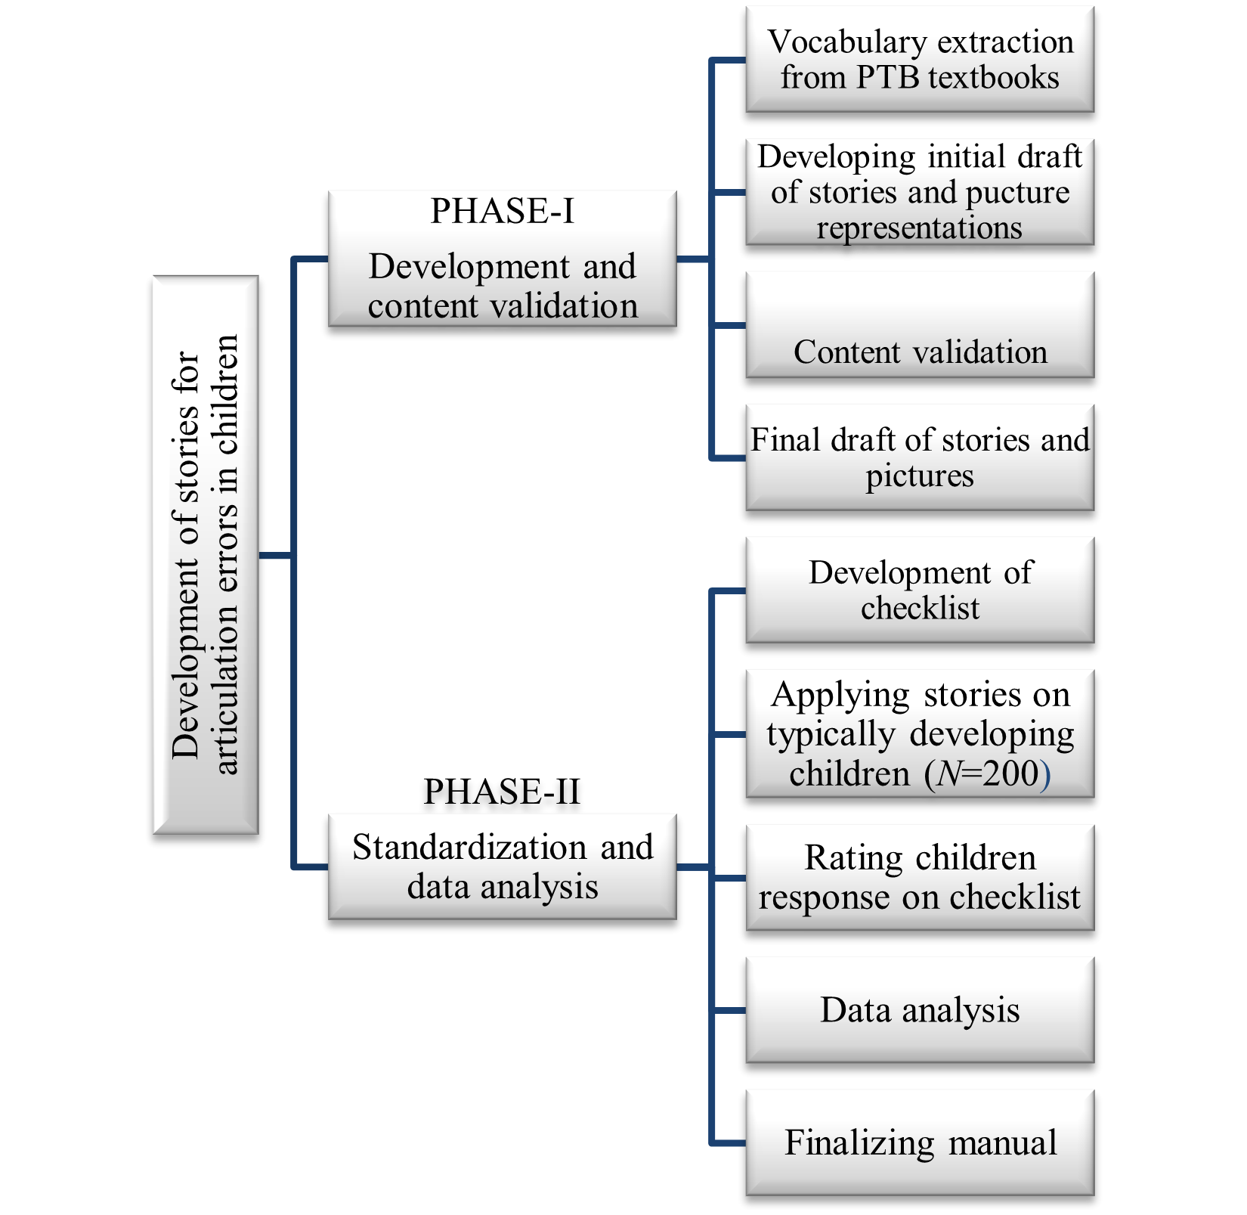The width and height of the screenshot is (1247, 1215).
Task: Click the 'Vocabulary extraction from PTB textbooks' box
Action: pos(919,59)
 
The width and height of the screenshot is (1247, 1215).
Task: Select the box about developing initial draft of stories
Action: pos(919,192)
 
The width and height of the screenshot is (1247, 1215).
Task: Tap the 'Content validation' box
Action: pos(919,325)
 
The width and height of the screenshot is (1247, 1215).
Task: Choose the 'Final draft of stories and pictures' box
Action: pos(919,457)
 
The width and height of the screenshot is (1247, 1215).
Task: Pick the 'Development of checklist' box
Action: pos(919,590)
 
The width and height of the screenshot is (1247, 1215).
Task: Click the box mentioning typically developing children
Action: pos(919,733)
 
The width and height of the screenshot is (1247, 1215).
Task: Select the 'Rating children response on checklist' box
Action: pos(919,877)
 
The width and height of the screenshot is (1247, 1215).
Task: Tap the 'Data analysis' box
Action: pos(919,1010)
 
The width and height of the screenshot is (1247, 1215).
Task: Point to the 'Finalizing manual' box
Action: pos(919,1142)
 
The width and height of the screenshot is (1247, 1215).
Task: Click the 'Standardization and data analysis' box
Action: pos(502,866)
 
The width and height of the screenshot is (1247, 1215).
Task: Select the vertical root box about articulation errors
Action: pos(206,555)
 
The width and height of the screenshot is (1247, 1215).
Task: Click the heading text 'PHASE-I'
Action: pos(502,211)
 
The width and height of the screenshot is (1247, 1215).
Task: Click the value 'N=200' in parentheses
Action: pos(987,773)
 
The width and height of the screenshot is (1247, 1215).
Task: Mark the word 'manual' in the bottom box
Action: pos(1002,1142)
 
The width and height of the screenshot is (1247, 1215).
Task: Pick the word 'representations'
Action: pos(919,228)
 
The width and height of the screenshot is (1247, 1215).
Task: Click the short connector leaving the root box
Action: pos(275,556)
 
